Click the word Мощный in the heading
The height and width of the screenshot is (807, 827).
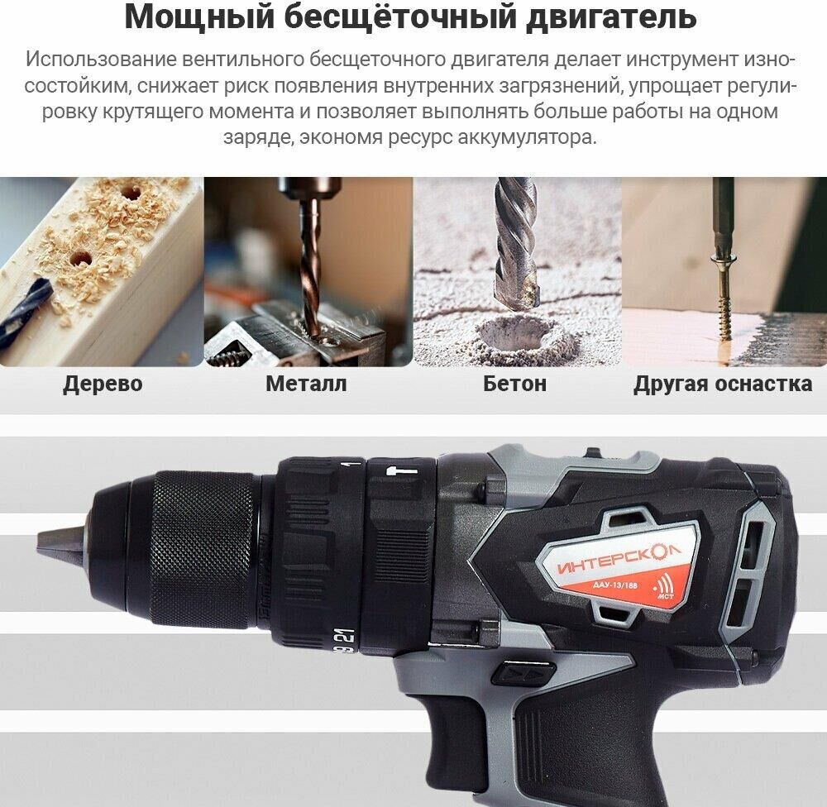[200, 16]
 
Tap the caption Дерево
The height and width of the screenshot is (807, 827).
[103, 384]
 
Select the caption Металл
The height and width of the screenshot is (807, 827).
[306, 384]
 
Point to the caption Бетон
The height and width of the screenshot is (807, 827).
[514, 384]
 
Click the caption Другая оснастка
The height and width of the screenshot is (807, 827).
[723, 384]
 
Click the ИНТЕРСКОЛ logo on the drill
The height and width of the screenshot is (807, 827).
[619, 560]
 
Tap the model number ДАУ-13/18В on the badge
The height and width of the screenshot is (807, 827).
[614, 585]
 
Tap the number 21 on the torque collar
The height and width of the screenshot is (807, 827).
[349, 636]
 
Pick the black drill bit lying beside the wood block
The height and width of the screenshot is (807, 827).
[24, 311]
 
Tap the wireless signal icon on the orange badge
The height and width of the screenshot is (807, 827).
[663, 585]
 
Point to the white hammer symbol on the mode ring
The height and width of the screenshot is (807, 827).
[402, 470]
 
